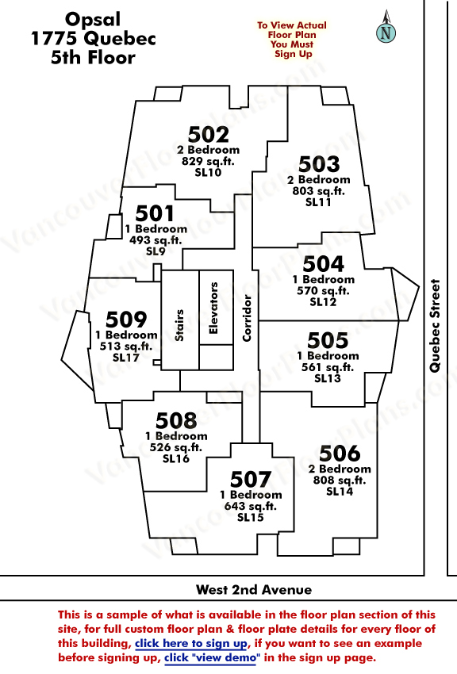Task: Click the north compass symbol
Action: click(x=386, y=28)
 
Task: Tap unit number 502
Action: click(x=209, y=135)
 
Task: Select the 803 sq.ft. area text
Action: click(x=319, y=191)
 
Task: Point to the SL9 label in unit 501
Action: click(x=156, y=251)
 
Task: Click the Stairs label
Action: click(x=179, y=325)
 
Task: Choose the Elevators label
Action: click(x=213, y=308)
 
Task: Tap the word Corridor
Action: click(x=247, y=318)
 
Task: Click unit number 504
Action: click(x=323, y=264)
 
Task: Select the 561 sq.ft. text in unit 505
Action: click(x=328, y=367)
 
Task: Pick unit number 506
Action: click(x=340, y=453)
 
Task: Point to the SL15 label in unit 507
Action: click(x=251, y=517)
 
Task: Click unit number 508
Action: click(x=176, y=420)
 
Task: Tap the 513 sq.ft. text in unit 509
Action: click(x=126, y=346)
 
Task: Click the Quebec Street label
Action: click(x=435, y=325)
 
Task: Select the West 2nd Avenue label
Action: click(x=254, y=589)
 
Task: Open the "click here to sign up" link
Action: click(x=192, y=644)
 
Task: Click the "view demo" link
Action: click(x=212, y=657)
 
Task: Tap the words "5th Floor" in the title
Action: click(x=93, y=57)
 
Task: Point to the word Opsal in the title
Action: click(x=93, y=20)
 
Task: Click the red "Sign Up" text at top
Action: click(x=294, y=54)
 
